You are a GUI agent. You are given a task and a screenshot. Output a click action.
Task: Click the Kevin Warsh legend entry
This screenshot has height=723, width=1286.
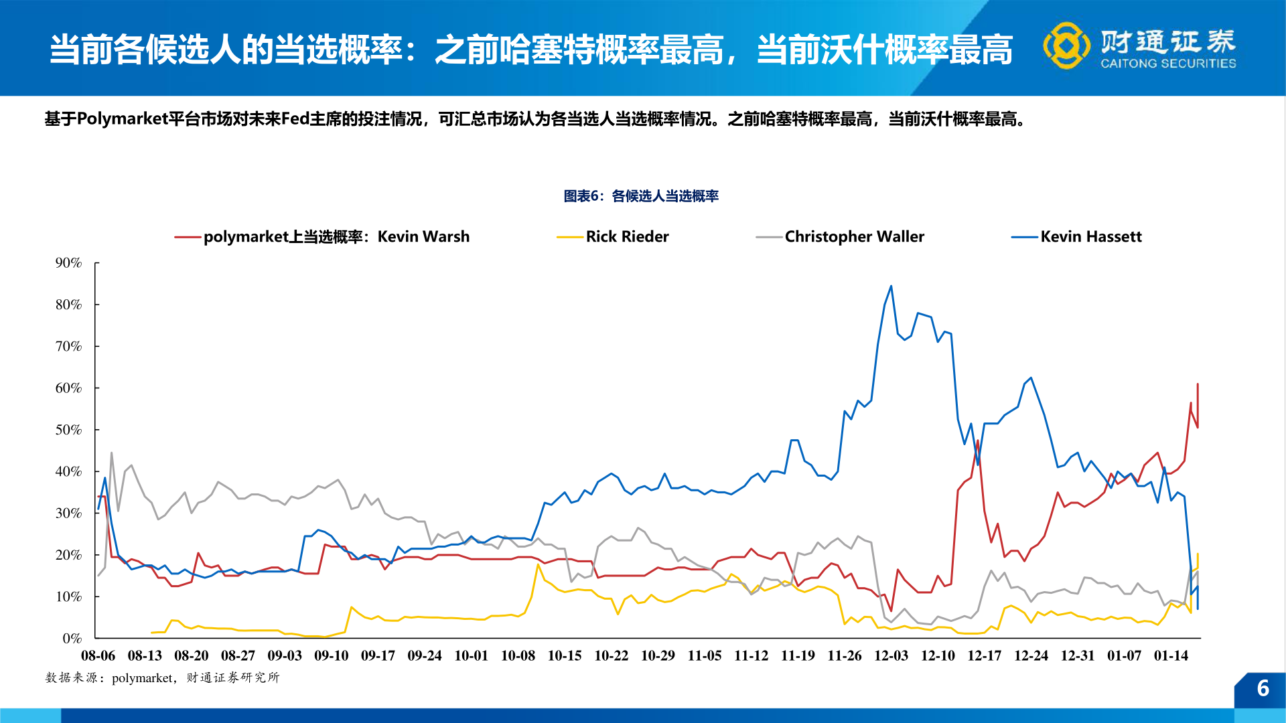(336, 237)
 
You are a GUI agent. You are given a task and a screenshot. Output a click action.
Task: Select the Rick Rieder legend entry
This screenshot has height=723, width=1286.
(626, 237)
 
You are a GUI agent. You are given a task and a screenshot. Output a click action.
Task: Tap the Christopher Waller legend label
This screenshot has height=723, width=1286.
(854, 237)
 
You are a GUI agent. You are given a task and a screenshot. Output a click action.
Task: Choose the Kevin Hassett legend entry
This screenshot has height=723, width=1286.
(1090, 237)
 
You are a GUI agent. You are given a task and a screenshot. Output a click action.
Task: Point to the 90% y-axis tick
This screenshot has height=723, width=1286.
(68, 263)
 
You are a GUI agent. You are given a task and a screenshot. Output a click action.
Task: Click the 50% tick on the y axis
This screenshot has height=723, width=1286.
(68, 430)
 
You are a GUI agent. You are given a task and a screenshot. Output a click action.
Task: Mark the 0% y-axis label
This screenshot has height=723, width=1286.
(72, 639)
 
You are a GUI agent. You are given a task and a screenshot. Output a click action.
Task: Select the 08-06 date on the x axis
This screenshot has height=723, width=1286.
(98, 656)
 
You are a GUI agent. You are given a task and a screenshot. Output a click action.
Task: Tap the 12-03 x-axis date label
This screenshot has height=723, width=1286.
(891, 656)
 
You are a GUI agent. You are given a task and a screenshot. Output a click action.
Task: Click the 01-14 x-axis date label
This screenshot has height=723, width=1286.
(1171, 656)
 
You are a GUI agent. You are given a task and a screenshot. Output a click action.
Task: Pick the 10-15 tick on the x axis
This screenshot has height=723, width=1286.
(565, 656)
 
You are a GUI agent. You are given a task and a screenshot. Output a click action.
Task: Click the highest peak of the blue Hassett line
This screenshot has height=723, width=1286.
(891, 287)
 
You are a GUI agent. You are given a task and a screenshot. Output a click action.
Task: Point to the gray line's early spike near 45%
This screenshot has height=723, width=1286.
(111, 453)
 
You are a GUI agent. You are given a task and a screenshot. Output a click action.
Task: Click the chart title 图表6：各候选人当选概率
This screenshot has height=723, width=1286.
(641, 196)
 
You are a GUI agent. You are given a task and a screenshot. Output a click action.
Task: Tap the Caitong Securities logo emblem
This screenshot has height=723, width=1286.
(1066, 46)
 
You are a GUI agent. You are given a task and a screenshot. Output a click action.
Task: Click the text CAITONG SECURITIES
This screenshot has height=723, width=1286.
(1168, 64)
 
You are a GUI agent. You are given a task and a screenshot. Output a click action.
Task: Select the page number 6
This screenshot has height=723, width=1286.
(1263, 688)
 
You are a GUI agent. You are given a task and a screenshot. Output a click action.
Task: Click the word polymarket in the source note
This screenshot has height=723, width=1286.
(142, 678)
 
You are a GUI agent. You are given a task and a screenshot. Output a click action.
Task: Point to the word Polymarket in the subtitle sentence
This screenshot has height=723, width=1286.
(122, 119)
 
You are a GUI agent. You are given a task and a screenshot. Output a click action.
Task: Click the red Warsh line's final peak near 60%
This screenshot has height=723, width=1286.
(1198, 384)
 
